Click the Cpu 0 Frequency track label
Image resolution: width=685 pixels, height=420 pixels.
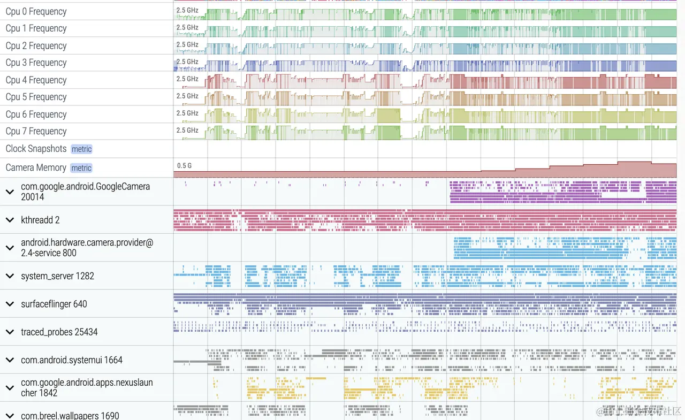[x=36, y=12]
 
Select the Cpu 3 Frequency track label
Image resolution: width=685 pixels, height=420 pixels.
[x=36, y=63]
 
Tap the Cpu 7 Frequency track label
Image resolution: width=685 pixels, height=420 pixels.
[x=36, y=131]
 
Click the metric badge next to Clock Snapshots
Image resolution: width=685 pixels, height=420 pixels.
[x=81, y=149]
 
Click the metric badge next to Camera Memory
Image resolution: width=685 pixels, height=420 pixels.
[x=81, y=168]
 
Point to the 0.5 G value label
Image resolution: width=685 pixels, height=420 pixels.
[x=184, y=166]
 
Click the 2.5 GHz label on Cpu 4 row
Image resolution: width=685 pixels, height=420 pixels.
[x=187, y=79]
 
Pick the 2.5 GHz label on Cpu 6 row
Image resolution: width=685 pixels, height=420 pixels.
[x=187, y=113]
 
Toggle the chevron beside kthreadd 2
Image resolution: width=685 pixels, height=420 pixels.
[x=10, y=220]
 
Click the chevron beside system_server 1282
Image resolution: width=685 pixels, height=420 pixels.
[x=10, y=276]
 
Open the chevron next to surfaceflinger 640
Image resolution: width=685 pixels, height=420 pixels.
[x=10, y=304]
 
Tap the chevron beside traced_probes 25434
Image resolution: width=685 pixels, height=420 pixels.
[x=10, y=332]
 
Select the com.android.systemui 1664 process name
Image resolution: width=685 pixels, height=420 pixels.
[x=72, y=360]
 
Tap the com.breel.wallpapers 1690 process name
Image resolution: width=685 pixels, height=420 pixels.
[x=70, y=415]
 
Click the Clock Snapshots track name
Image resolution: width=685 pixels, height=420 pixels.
[x=36, y=149]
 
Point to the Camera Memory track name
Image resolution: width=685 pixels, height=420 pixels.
[x=36, y=167]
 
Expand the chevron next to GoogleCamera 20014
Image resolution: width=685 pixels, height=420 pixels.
[x=10, y=192]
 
